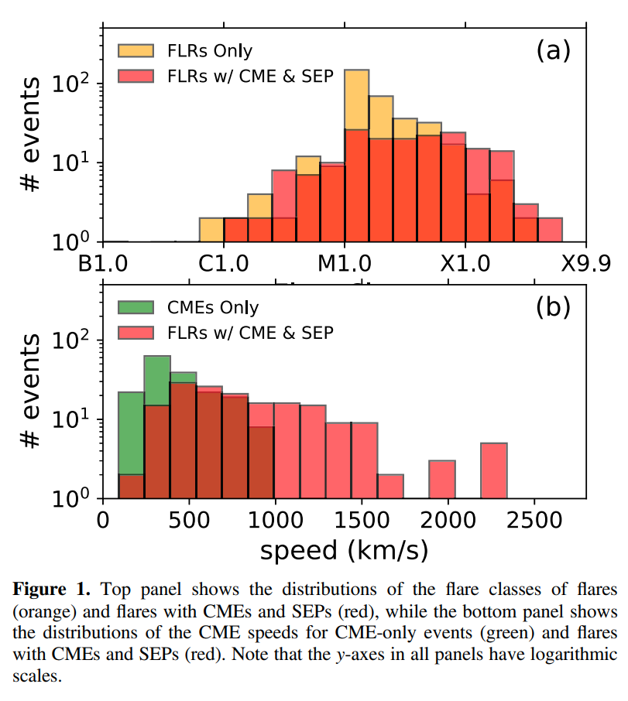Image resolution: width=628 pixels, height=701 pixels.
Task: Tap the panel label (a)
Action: point(553,51)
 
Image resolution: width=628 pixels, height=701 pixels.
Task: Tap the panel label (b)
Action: point(553,307)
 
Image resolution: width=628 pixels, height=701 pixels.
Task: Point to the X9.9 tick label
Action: point(585,263)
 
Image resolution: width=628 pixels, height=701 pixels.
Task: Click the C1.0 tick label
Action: point(224,263)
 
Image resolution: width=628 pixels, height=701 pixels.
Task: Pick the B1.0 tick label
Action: point(103,263)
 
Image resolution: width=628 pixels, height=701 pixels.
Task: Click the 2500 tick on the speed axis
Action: point(533,519)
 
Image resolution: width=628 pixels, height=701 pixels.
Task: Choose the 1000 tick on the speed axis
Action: point(275,519)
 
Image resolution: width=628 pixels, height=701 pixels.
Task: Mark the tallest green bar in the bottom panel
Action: point(157,379)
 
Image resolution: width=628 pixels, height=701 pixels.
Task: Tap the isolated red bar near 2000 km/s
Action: point(442,478)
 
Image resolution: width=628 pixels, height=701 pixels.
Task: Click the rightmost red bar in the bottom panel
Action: point(494,470)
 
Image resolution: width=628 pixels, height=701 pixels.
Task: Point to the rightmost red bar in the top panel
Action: point(550,229)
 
